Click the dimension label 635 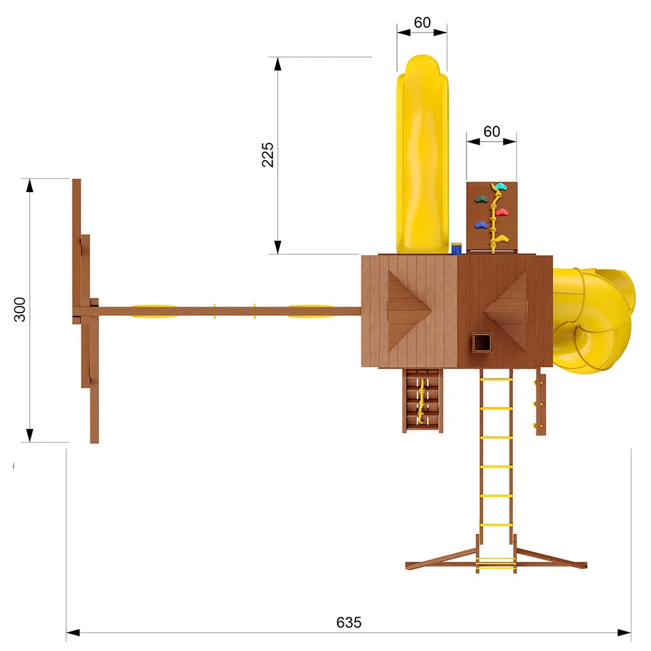coord(349,622)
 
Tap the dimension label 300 coord(20,309)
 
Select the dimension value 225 coord(268,154)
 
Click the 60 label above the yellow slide coord(422,22)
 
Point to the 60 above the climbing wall coord(492,132)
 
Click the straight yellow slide coord(422,154)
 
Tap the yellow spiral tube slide coord(594,320)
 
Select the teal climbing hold coord(500,186)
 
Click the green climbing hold coord(481,199)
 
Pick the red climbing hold coord(503,213)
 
